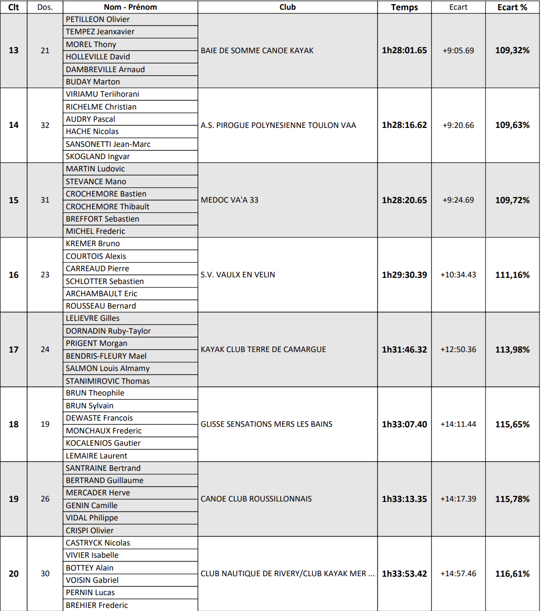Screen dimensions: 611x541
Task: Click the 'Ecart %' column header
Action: (x=512, y=7)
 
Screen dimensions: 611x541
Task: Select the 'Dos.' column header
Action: (x=45, y=7)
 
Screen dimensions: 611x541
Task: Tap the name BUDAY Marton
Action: (x=93, y=82)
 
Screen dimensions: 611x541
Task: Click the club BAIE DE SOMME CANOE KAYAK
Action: (x=257, y=51)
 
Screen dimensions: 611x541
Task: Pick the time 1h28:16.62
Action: (x=404, y=125)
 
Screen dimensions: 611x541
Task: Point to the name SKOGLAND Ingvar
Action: (x=98, y=157)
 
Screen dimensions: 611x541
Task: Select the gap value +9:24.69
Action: (x=458, y=200)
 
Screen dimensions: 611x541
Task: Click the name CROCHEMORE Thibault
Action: (x=108, y=207)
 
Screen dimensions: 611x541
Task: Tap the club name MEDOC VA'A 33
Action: (x=230, y=200)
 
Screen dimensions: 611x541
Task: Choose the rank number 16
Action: (x=14, y=275)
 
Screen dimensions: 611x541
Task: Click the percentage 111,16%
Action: (x=512, y=275)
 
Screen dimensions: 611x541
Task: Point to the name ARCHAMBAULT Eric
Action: (x=101, y=294)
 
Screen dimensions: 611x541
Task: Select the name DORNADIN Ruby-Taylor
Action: (x=108, y=331)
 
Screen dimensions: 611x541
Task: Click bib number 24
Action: (x=45, y=350)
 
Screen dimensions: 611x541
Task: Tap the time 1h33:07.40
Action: (x=404, y=424)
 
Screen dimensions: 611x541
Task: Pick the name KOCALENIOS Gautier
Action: (x=103, y=443)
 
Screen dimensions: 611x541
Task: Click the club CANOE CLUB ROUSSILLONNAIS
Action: (x=256, y=499)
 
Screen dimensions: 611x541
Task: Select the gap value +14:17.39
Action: (x=458, y=499)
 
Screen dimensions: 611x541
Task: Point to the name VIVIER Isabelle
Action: (x=92, y=555)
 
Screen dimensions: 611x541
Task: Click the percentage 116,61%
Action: (x=512, y=574)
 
